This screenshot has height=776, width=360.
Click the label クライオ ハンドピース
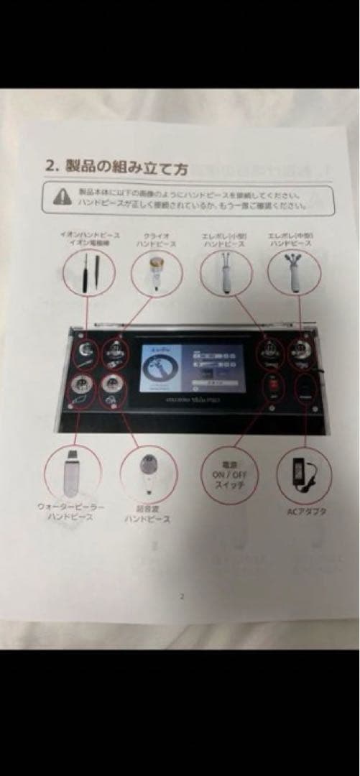tap(155, 240)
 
